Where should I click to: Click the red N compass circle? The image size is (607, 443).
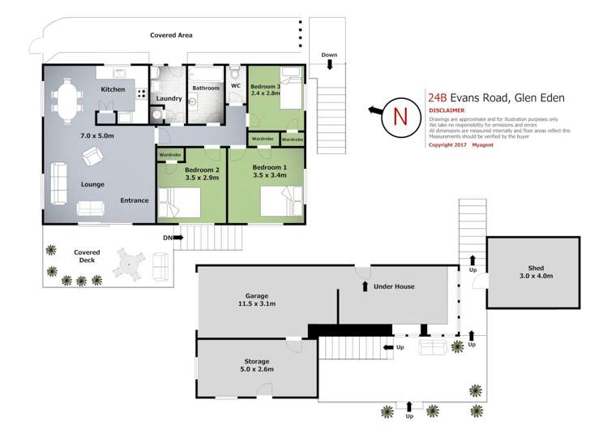pos(400,114)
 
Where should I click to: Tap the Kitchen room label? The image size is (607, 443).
pos(112,89)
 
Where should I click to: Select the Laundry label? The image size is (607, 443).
pos(169,99)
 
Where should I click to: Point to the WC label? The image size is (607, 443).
pos(236,86)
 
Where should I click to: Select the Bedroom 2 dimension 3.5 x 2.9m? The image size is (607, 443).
pos(179,178)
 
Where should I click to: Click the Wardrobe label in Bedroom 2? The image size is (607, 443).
pos(169,154)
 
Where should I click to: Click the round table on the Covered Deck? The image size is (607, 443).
pos(130,264)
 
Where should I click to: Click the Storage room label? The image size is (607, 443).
pos(256,361)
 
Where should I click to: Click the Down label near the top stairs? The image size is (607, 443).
pos(329,55)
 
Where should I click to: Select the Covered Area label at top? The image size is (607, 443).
pos(171,36)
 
